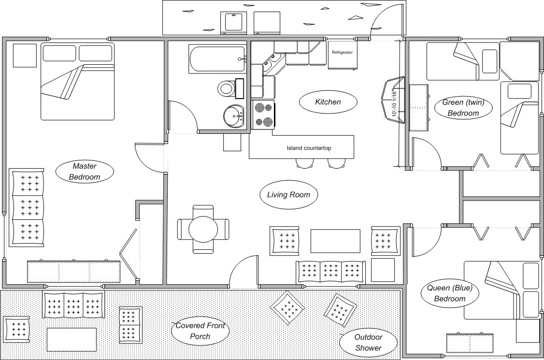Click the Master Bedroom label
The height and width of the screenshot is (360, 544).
click(x=85, y=171)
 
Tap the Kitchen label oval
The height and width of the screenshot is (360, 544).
click(x=328, y=102)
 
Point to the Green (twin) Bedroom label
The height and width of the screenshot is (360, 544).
click(x=463, y=108)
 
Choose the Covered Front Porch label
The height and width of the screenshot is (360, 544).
click(x=200, y=331)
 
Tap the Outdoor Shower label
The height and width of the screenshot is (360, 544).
click(x=368, y=342)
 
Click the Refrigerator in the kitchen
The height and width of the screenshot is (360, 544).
click(x=343, y=56)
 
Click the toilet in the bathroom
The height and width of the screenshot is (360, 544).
click(x=227, y=88)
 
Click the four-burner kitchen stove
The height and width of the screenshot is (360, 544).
click(x=263, y=115)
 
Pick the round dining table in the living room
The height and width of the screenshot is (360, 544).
click(x=203, y=229)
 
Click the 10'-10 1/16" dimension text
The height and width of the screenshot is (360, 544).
click(x=395, y=103)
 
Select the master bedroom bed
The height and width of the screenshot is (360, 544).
click(x=77, y=81)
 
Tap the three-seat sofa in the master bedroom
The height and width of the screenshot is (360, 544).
click(x=27, y=207)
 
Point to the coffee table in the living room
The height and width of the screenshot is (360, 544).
click(x=335, y=241)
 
